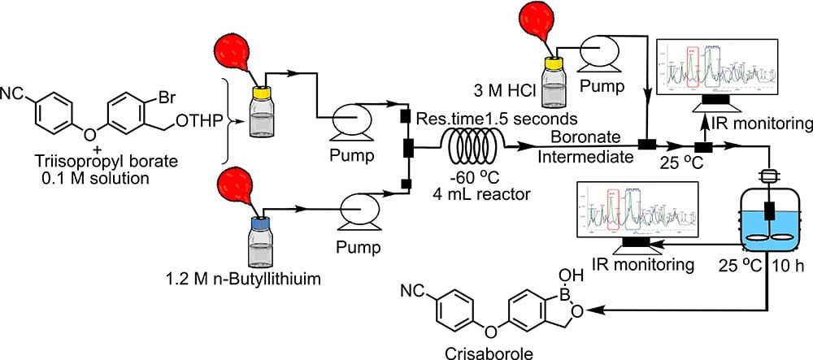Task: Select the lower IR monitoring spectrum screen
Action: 627,209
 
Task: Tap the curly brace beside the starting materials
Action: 229,122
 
